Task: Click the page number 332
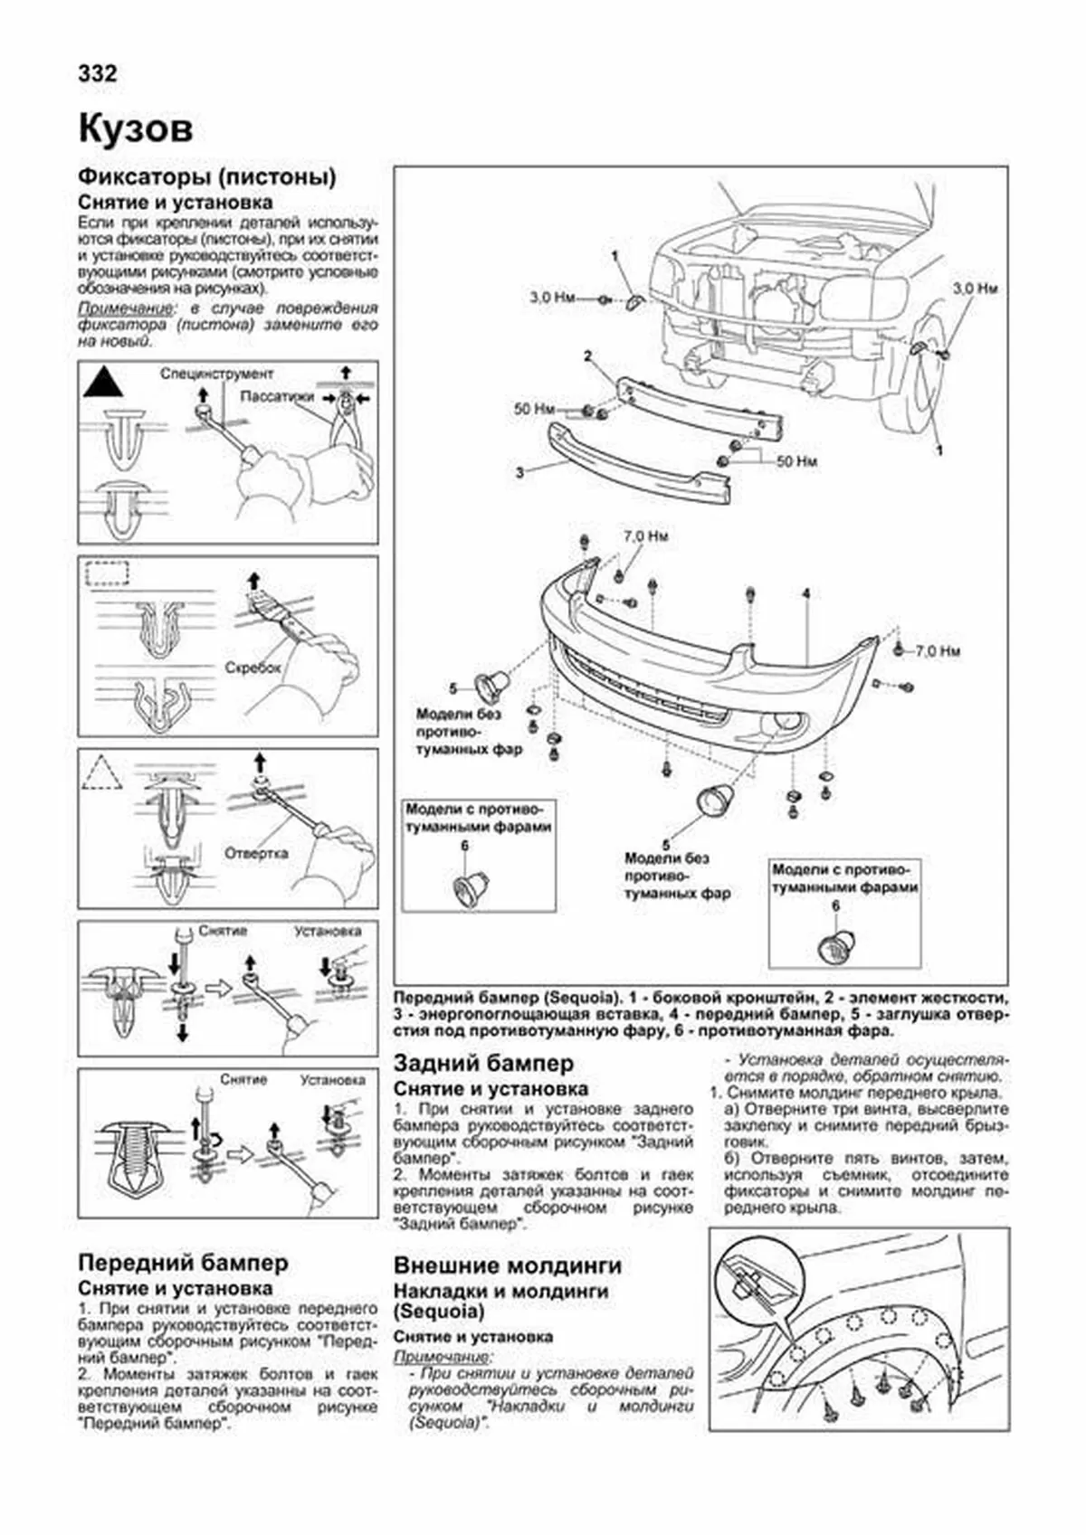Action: click(98, 73)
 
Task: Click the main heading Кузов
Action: click(136, 129)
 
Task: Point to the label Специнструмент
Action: click(217, 374)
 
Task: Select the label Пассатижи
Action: click(278, 397)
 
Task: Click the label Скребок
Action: click(252, 668)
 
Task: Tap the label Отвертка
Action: click(256, 853)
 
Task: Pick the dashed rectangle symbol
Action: click(107, 573)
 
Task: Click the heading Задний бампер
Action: click(483, 1064)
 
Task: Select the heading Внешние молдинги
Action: click(508, 1265)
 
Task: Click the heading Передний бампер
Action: click(183, 1263)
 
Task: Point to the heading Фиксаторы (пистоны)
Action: click(207, 176)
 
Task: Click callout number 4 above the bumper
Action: click(805, 594)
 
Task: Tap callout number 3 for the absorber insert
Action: click(519, 472)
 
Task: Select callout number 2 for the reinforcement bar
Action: click(587, 355)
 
